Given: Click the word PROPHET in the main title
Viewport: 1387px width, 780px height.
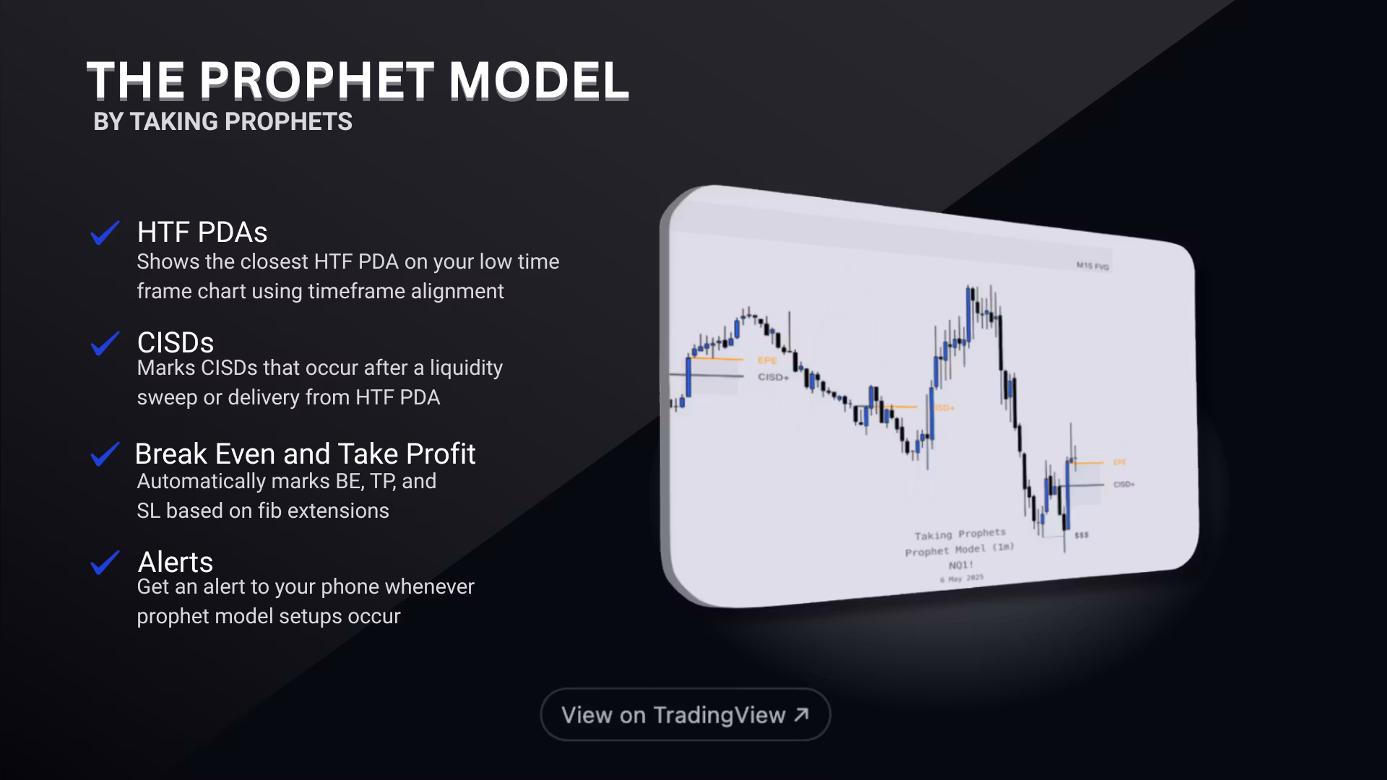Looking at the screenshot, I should (316, 80).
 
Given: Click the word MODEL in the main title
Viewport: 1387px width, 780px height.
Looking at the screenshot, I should (539, 80).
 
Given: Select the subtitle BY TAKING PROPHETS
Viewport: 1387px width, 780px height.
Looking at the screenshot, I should (222, 121).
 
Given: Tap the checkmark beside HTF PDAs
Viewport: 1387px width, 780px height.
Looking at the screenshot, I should (105, 233).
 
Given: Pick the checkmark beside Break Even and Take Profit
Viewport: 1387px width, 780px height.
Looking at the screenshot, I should (105, 454).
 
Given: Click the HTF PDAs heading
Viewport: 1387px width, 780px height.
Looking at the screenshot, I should (202, 233).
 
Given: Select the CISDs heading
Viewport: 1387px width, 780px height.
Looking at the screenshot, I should (176, 342).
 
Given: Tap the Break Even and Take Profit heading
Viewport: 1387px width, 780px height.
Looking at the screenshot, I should (305, 454).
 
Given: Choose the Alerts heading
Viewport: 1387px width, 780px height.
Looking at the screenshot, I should (176, 562).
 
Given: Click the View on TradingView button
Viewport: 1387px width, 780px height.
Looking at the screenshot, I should (685, 714).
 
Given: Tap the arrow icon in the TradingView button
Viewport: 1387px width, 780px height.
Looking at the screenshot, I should (801, 714).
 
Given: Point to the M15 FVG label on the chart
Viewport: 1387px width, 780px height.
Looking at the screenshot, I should (1092, 266).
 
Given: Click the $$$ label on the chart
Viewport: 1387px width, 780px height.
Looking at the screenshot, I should (1081, 535).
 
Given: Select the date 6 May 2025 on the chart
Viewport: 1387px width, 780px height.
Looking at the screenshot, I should (962, 578).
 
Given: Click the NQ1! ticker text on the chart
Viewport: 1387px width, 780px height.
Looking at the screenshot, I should (961, 565).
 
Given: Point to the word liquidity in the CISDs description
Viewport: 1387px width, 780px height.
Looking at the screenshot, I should (466, 368).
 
